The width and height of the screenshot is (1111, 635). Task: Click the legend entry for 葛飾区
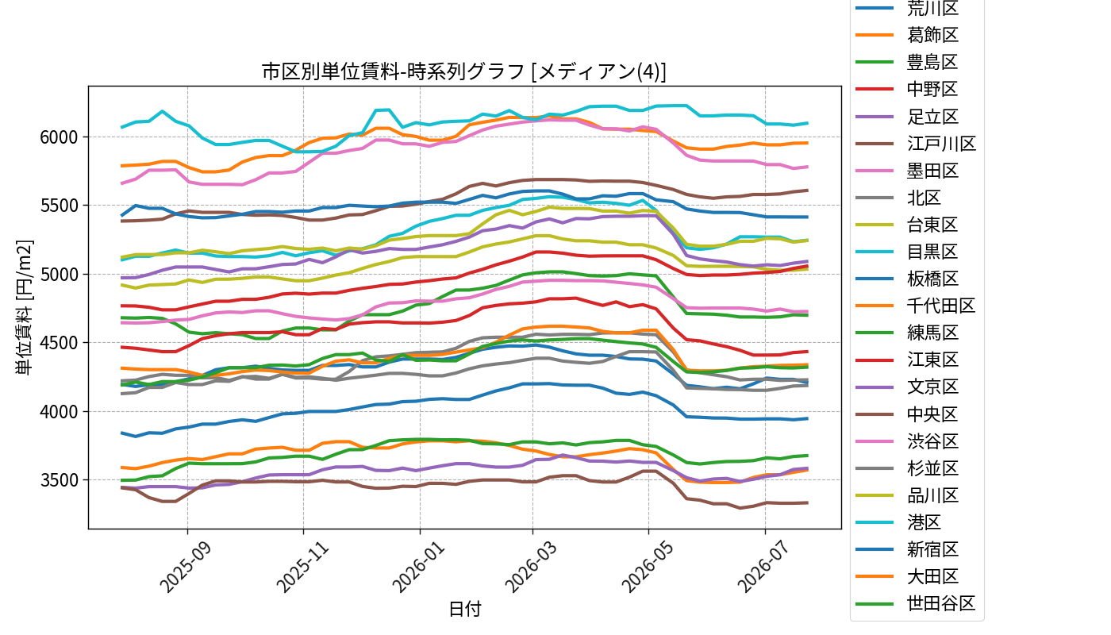(x=932, y=35)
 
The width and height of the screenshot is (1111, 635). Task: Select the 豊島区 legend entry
(x=932, y=63)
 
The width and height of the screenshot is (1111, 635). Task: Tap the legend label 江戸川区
(x=941, y=144)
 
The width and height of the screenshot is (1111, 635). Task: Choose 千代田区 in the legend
(x=941, y=306)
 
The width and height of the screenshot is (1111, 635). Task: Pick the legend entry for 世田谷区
(x=941, y=604)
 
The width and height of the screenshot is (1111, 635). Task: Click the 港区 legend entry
(x=924, y=522)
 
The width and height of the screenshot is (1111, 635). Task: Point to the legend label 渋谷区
(x=932, y=441)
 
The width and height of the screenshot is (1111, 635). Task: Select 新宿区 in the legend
(x=932, y=549)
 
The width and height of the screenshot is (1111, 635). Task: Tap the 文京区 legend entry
(x=932, y=387)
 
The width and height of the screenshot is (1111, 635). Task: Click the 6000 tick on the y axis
(x=59, y=137)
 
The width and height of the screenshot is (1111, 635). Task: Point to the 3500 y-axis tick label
(x=59, y=481)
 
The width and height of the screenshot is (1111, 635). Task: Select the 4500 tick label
(x=59, y=343)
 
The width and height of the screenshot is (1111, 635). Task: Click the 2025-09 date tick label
(x=186, y=566)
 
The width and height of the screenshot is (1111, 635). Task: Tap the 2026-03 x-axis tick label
(x=531, y=566)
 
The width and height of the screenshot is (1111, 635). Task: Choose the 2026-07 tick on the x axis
(x=763, y=566)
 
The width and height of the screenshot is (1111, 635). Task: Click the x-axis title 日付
(x=465, y=610)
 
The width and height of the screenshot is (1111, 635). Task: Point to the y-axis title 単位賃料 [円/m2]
(x=24, y=308)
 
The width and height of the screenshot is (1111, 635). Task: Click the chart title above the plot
(x=464, y=71)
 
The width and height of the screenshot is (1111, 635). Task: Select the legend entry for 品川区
(x=932, y=495)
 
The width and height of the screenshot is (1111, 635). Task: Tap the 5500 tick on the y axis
(x=59, y=206)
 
